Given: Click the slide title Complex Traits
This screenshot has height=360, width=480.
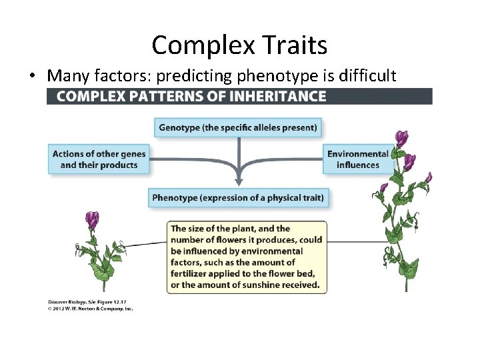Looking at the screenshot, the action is click(239, 45).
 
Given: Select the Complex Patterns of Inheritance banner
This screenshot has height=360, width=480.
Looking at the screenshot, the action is click(239, 96).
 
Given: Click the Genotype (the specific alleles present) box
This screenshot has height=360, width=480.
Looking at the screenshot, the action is click(238, 127).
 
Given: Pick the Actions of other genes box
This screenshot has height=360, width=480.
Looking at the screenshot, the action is click(98, 159).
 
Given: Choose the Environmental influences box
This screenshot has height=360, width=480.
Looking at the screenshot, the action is click(358, 159).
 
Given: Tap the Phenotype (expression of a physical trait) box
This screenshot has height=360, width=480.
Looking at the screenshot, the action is click(238, 197).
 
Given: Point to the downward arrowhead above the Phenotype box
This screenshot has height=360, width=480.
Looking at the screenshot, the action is click(238, 180).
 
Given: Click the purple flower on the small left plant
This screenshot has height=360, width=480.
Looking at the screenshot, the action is click(92, 219).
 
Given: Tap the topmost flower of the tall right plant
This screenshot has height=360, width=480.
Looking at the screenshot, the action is click(401, 138).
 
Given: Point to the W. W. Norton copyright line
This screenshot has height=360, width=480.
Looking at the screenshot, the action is click(90, 309).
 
